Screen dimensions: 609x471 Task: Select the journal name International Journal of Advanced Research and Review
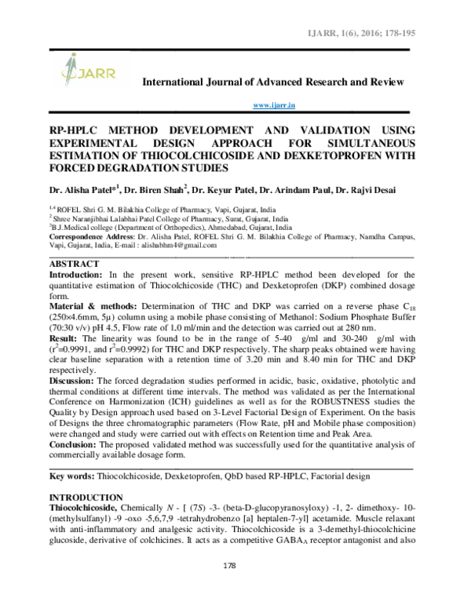(x=272, y=82)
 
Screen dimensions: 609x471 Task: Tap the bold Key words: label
(x=71, y=476)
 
